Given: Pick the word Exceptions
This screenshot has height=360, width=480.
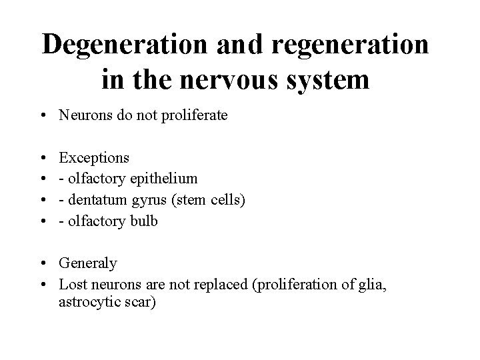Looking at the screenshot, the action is point(95,157).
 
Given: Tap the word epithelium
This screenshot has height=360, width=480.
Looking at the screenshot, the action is point(164,179).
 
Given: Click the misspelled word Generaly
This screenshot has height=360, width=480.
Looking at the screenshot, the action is point(88,263).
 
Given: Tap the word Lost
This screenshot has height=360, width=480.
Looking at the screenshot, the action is point(73,284).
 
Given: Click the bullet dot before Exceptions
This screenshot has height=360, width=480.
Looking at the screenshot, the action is point(43,158).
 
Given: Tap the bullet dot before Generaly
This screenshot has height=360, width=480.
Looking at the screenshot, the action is point(43,263).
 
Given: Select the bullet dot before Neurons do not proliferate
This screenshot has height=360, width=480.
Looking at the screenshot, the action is point(43,116).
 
